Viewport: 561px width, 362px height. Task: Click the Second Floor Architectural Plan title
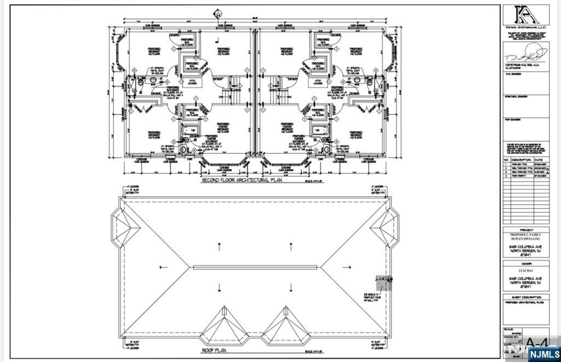[241, 181]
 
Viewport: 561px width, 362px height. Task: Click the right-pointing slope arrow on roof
[346, 267]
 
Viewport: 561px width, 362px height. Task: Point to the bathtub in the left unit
[191, 130]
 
